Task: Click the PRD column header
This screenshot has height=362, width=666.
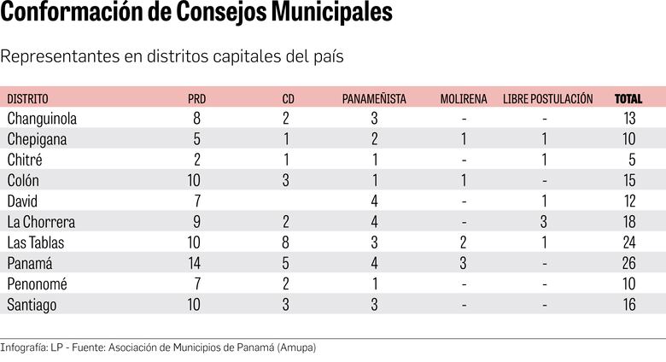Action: click(196, 99)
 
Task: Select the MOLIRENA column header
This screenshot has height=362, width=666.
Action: click(463, 99)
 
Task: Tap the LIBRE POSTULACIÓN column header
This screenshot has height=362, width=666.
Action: click(547, 99)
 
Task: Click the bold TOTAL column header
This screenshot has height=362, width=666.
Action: click(628, 99)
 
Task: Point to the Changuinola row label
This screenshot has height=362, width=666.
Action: click(42, 119)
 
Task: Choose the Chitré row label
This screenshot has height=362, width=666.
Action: click(25, 160)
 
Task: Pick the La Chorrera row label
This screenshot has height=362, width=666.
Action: click(41, 222)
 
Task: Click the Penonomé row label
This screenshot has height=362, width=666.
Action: click(37, 283)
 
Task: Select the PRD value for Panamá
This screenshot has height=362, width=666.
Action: click(196, 263)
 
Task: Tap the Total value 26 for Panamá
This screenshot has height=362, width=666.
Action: click(630, 263)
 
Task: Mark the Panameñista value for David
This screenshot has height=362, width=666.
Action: click(374, 201)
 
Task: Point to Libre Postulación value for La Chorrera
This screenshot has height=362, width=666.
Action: click(544, 222)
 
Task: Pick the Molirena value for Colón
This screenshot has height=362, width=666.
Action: click(463, 180)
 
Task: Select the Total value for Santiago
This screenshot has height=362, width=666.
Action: click(630, 304)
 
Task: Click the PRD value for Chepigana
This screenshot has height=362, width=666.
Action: click(197, 139)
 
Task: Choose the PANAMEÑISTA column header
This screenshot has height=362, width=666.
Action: click(374, 99)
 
